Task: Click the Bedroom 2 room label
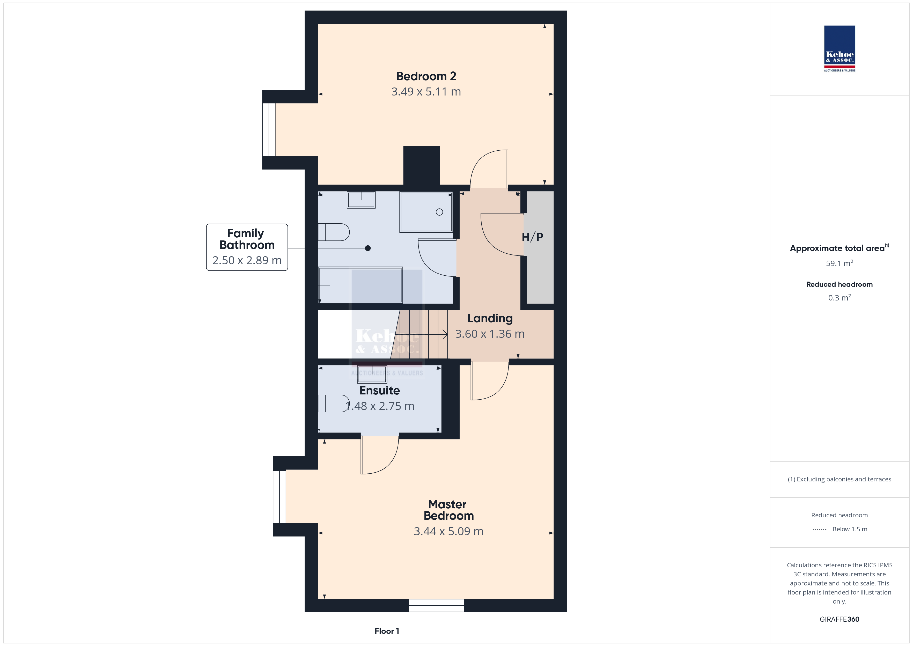(x=426, y=76)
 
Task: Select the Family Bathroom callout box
(x=247, y=247)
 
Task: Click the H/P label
(x=532, y=237)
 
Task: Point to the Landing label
(x=490, y=319)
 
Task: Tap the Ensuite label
(x=380, y=390)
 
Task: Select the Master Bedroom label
(x=448, y=510)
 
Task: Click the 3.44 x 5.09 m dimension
(x=448, y=531)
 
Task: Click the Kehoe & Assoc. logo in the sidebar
(x=840, y=49)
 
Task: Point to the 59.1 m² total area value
(x=840, y=263)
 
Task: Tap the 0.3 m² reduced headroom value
(x=840, y=298)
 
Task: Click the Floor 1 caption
(x=387, y=631)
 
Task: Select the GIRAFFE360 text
(x=840, y=619)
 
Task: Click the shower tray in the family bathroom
(x=426, y=212)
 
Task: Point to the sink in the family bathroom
(x=361, y=200)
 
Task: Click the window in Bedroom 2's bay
(x=269, y=130)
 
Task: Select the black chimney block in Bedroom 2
(x=422, y=165)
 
